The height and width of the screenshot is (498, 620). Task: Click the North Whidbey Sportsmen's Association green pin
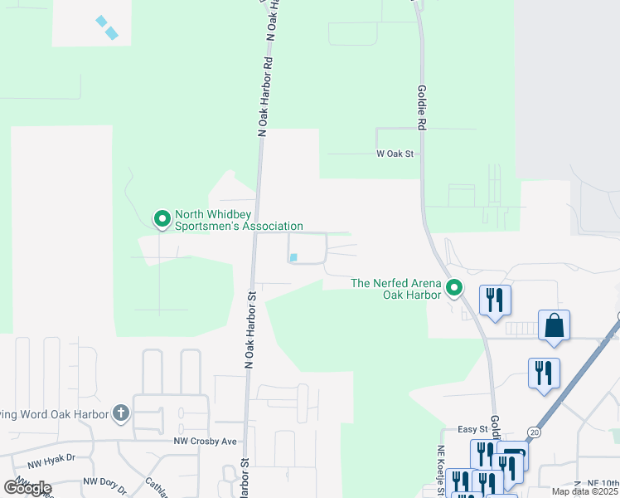click(162, 219)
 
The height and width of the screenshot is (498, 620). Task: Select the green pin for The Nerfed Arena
click(454, 288)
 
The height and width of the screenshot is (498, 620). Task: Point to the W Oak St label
click(395, 154)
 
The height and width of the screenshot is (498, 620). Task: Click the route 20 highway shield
click(535, 432)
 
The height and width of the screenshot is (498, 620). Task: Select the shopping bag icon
click(554, 325)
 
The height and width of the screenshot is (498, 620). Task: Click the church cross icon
click(121, 413)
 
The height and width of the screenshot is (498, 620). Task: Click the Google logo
click(28, 488)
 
